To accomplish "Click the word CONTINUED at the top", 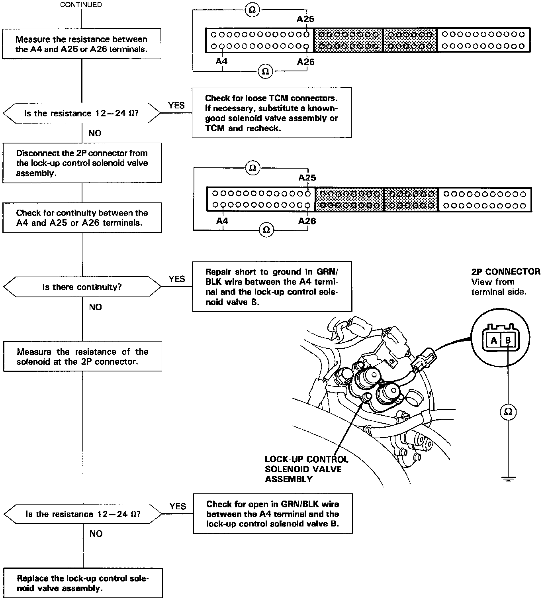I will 81,5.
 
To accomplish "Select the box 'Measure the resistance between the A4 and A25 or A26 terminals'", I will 82,44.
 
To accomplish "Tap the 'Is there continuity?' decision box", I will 82,287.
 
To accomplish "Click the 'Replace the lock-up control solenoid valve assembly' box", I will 83,583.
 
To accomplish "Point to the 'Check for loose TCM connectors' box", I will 271,113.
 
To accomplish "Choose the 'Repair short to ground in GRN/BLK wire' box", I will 272,287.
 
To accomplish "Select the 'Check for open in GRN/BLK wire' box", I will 273,514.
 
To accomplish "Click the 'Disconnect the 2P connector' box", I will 82,163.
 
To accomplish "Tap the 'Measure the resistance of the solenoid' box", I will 82,357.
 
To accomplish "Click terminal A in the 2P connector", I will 494,341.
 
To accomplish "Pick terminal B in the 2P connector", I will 508,341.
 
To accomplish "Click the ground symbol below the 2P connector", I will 508,478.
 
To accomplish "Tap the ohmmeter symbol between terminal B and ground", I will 508,411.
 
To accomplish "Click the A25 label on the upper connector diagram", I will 305,19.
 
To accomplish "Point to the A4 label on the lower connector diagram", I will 222,220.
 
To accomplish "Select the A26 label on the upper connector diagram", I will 305,61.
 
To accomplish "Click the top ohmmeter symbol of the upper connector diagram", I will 252,9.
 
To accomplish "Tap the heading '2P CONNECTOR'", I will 506,272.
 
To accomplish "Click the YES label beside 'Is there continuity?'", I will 177,279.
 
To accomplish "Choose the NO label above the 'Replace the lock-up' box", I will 96,534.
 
